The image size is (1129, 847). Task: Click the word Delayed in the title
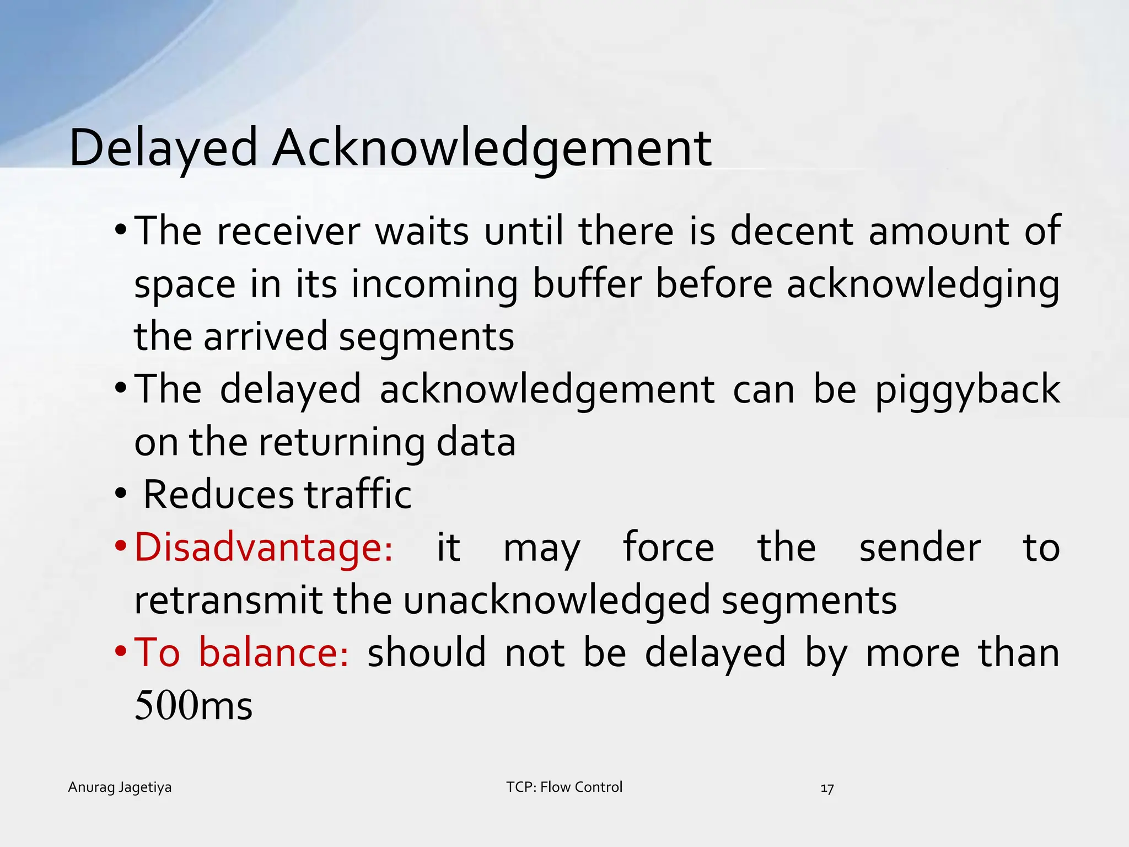pyautogui.click(x=163, y=148)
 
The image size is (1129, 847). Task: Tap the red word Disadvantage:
pyautogui.click(x=264, y=548)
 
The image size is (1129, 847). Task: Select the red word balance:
pyautogui.click(x=273, y=652)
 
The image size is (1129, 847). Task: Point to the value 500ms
pyautogui.click(x=193, y=705)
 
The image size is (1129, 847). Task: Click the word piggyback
pyautogui.click(x=967, y=390)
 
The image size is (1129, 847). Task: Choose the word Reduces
pyautogui.click(x=218, y=494)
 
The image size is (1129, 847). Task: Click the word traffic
pyautogui.click(x=358, y=494)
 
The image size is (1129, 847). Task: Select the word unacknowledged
pyautogui.click(x=557, y=600)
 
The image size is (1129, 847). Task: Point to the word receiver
pyautogui.click(x=288, y=232)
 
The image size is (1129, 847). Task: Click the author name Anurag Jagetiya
pyautogui.click(x=120, y=787)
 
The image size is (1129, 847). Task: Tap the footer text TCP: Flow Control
pyautogui.click(x=564, y=787)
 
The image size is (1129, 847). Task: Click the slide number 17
pyautogui.click(x=827, y=789)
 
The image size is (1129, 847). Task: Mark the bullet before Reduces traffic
pyautogui.click(x=121, y=494)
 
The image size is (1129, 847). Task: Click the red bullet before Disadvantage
pyautogui.click(x=121, y=548)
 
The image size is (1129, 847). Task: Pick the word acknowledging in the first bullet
pyautogui.click(x=923, y=285)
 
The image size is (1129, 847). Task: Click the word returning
pyautogui.click(x=341, y=442)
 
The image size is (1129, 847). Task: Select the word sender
pyautogui.click(x=920, y=548)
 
